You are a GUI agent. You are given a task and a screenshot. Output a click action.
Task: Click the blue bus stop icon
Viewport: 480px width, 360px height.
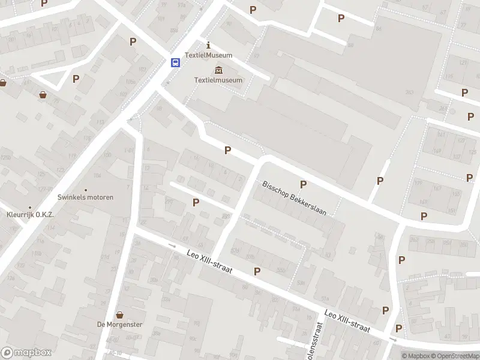tap(175, 62)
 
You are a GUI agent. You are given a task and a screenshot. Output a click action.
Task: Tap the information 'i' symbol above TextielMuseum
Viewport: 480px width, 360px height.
tap(208, 45)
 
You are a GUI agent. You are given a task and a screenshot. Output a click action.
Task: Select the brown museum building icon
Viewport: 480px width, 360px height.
tap(218, 70)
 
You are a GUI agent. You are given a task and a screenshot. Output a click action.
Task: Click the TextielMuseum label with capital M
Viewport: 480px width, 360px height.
tap(208, 55)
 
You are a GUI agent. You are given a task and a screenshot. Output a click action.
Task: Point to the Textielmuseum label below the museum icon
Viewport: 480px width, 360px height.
tap(218, 80)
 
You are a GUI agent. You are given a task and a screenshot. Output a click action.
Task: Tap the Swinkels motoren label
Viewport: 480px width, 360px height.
tap(85, 197)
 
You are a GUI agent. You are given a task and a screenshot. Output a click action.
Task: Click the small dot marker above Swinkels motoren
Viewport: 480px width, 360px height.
tap(86, 189)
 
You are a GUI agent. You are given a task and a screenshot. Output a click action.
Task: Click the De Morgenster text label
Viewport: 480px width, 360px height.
tap(120, 324)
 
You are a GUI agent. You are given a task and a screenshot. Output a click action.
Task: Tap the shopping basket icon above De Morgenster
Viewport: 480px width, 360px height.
tap(120, 314)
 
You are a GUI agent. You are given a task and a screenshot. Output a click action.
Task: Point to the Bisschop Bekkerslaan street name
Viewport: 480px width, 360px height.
tap(294, 198)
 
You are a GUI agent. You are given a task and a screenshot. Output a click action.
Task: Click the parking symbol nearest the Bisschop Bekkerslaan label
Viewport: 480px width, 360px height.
tap(303, 184)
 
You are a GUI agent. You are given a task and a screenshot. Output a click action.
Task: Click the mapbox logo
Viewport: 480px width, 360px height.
tap(26, 353)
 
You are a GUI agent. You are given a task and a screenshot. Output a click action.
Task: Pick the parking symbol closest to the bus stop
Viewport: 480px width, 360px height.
tap(133, 41)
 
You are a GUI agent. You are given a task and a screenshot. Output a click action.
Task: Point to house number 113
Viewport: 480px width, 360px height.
tap(101, 122)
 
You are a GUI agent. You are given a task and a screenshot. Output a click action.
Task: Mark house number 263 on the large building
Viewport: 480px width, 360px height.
tap(410, 92)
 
